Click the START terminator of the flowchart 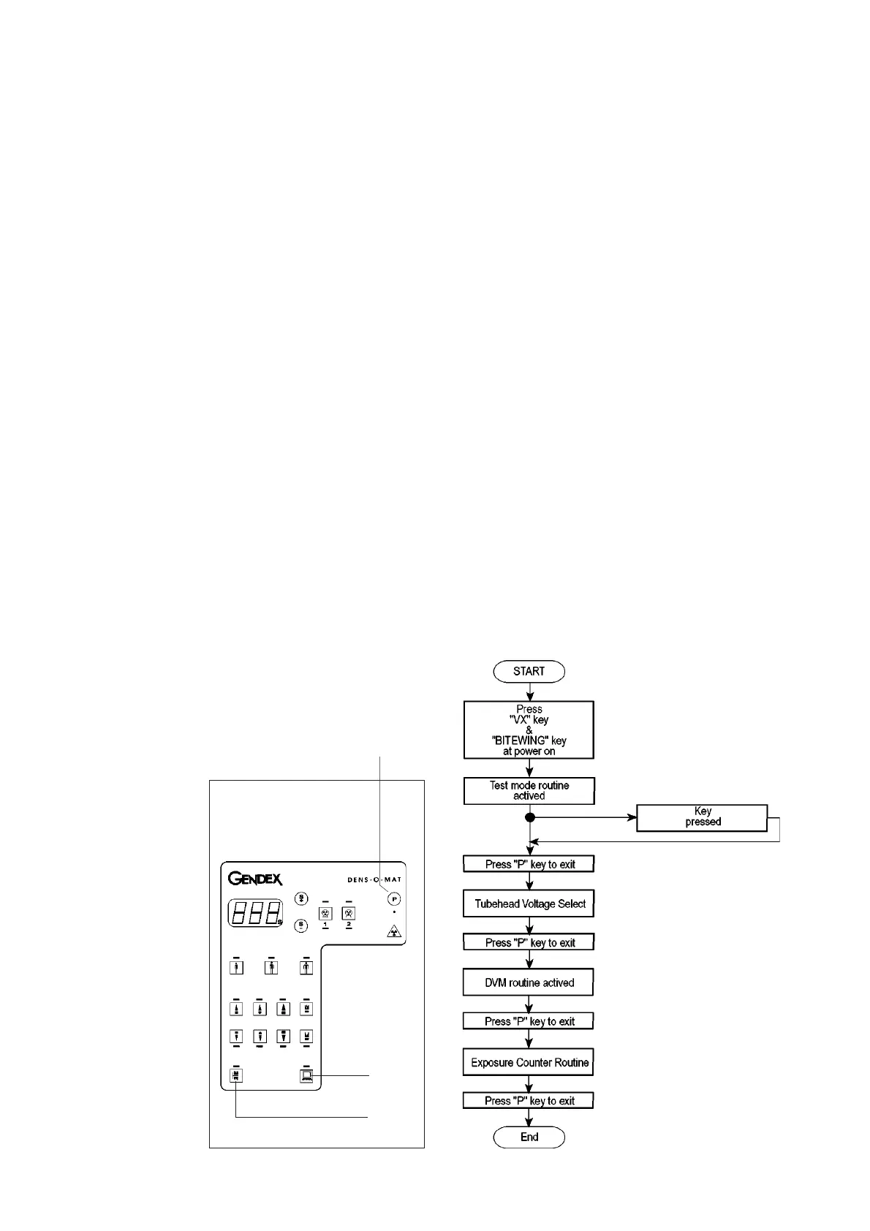click(529, 671)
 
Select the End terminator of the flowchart click(529, 1137)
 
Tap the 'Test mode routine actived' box click(529, 790)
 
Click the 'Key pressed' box click(702, 817)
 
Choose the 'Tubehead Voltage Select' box click(529, 904)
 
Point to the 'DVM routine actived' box click(529, 982)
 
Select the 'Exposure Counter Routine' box click(529, 1062)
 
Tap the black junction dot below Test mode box click(530, 817)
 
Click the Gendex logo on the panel click(255, 878)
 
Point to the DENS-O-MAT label click(374, 879)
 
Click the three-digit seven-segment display click(254, 912)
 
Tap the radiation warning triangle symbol click(394, 931)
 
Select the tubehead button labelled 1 click(325, 913)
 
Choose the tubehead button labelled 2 click(349, 913)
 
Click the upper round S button click(301, 898)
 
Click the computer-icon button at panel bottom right click(306, 1075)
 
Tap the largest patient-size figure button click(306, 967)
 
